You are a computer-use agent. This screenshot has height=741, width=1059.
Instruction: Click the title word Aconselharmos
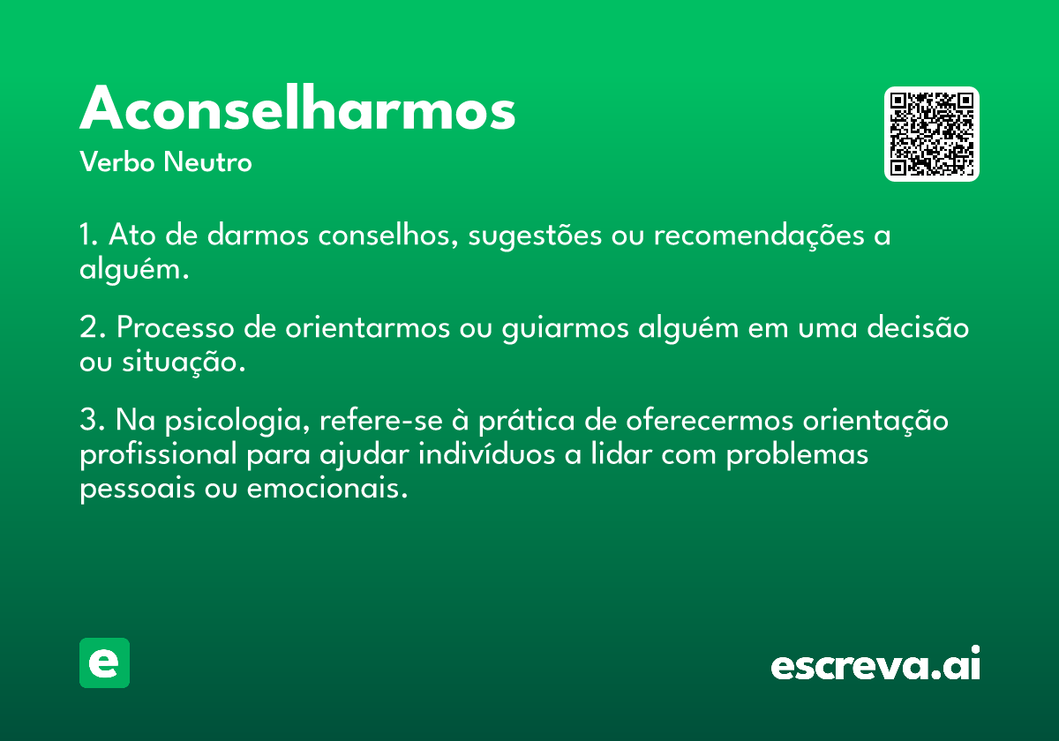point(297,108)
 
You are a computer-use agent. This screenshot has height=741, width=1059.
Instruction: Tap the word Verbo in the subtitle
point(117,161)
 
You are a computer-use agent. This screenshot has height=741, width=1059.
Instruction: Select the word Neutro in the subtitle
point(207,161)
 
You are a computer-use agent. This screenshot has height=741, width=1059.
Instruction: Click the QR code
point(931,134)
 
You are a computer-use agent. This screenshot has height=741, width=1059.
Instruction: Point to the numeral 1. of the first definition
point(88,235)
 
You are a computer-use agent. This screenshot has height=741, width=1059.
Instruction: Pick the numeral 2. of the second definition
point(92,327)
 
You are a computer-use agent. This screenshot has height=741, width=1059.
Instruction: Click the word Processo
point(176,327)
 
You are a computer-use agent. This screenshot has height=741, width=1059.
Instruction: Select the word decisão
point(918,326)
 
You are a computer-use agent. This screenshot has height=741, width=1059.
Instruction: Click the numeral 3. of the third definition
point(92,420)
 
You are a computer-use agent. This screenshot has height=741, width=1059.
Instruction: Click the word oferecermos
point(710,421)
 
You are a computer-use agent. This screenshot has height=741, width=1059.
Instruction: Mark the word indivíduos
point(486,454)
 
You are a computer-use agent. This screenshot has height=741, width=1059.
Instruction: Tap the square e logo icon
point(104,662)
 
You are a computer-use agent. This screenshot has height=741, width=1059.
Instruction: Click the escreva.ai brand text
point(875,663)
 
